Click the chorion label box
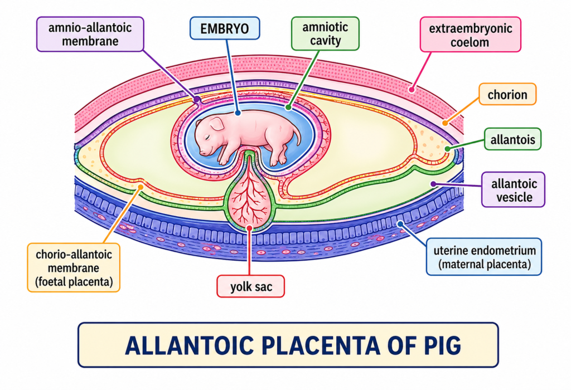[x=507, y=95]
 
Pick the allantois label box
[x=512, y=139]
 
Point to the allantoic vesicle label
[x=513, y=189]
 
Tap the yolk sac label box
[x=250, y=287]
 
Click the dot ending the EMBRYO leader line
[x=238, y=113]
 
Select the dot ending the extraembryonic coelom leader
[x=412, y=87]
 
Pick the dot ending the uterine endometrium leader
[x=399, y=225]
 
